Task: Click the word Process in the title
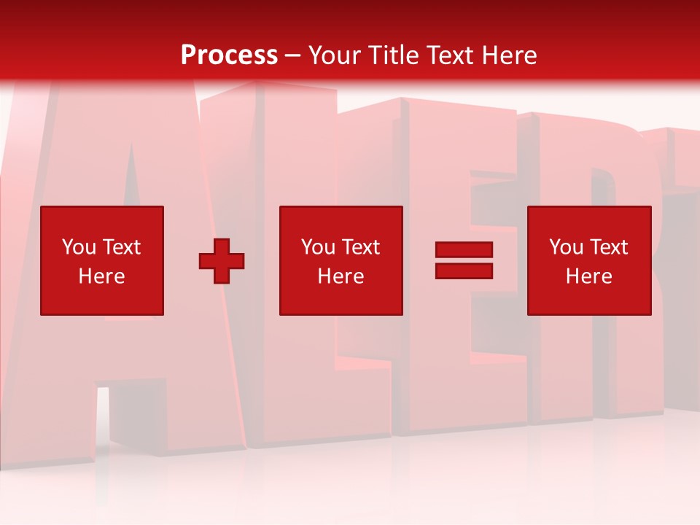tap(229, 55)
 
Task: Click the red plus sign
tap(222, 260)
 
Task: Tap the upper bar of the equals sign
tap(464, 249)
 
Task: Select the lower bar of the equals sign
tap(464, 271)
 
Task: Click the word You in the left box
tap(79, 247)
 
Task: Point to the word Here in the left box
tap(101, 276)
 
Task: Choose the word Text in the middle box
tap(361, 247)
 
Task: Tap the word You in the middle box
tap(318, 247)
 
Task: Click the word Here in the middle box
tap(341, 276)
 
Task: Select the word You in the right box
tap(566, 247)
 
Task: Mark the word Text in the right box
tap(609, 247)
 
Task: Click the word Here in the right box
tap(588, 276)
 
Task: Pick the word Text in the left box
tap(122, 247)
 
